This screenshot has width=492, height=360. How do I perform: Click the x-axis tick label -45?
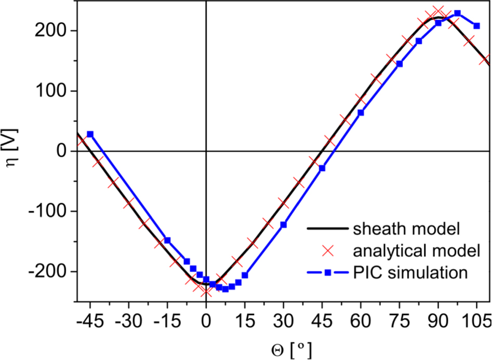point(89,318)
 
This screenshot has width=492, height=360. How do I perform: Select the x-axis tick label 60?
point(361,318)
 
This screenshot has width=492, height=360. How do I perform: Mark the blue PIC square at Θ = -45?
point(90,134)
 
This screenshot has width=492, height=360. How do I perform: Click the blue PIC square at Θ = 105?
point(476,25)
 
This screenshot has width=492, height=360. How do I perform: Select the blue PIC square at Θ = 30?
point(284,225)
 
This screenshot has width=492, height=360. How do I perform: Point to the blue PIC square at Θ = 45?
point(322,168)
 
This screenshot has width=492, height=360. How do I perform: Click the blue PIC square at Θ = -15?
point(167,241)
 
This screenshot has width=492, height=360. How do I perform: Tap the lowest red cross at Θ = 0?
point(206,291)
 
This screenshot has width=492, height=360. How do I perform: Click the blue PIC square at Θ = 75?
point(400,64)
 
